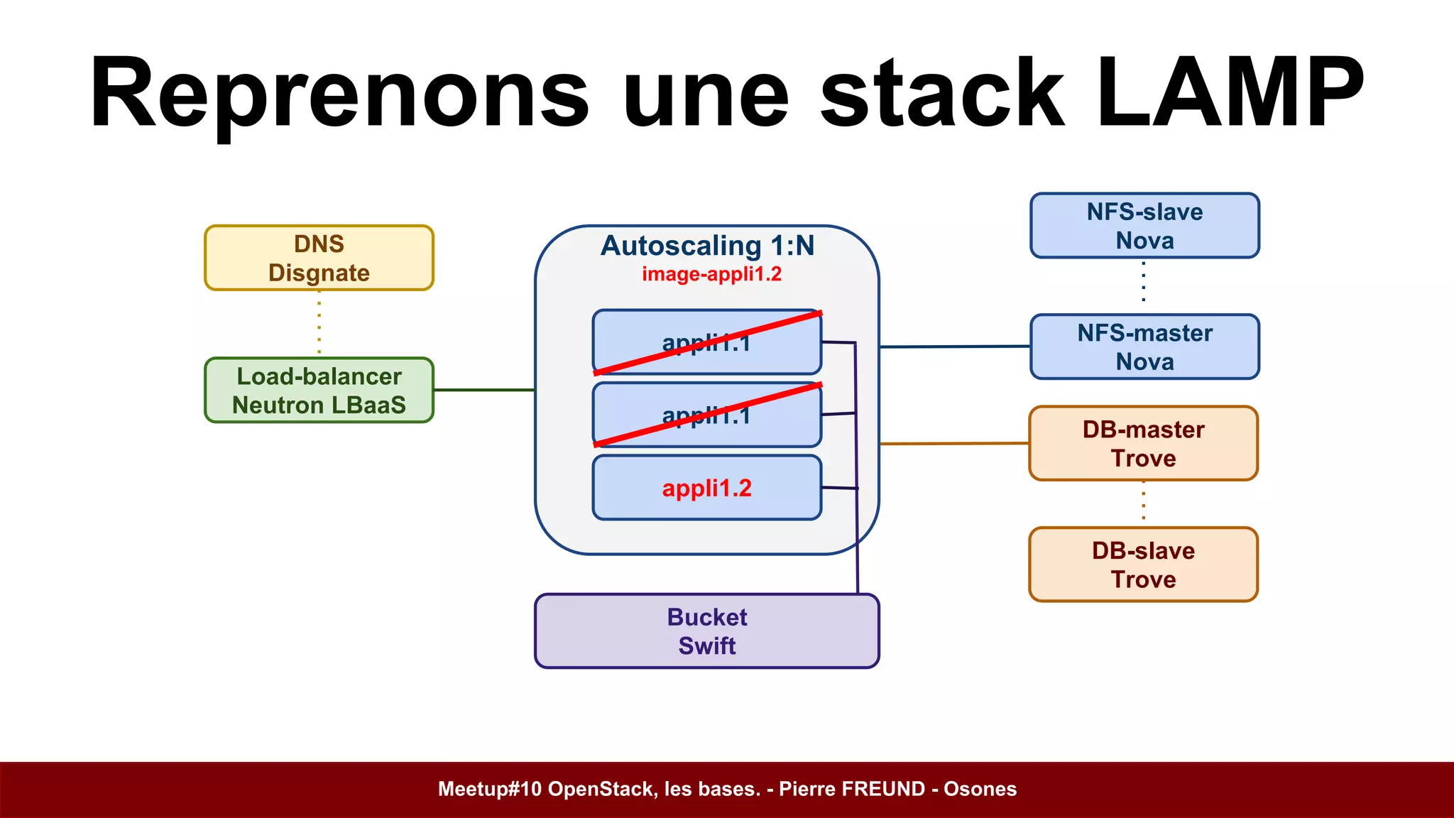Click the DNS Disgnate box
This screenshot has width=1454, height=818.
[x=319, y=258]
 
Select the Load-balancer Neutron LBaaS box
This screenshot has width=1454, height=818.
[x=319, y=391]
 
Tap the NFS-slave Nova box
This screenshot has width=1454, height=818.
[x=1144, y=226]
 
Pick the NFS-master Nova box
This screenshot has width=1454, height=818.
[x=1144, y=347]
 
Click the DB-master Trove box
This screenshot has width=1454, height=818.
[x=1143, y=444]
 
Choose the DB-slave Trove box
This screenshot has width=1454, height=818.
[x=1143, y=565]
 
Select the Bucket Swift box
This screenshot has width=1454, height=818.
[x=706, y=631]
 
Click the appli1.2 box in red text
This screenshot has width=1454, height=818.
[x=706, y=489]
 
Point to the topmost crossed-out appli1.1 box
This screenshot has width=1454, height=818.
[x=706, y=342]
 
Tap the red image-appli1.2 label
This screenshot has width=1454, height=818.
[x=711, y=274]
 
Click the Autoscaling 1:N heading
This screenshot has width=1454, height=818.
[x=707, y=246]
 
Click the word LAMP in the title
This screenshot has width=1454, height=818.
[x=1229, y=94]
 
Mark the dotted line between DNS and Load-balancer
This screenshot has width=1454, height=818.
[x=319, y=324]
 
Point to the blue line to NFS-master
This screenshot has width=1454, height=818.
[x=955, y=347]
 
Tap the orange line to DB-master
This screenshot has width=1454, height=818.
[x=955, y=443]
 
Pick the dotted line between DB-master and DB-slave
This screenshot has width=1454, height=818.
[x=1143, y=503]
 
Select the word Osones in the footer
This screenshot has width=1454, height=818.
[x=980, y=789]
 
